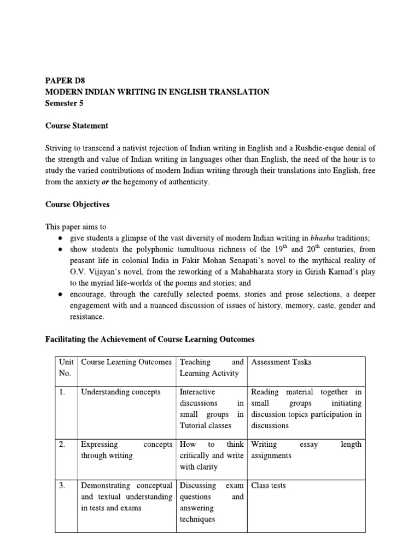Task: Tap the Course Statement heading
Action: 77,126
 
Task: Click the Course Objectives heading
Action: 77,205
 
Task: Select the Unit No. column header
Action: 65,367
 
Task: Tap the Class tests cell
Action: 268,485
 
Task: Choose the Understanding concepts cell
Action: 121,392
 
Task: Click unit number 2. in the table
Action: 62,444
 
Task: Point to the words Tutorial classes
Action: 205,425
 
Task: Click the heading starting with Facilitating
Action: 149,339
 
